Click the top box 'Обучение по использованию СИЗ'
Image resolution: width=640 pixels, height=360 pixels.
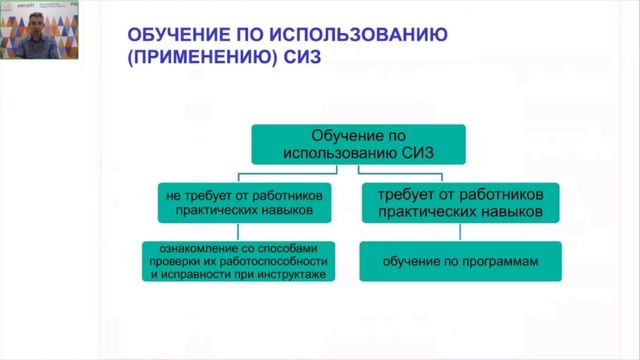(358, 143)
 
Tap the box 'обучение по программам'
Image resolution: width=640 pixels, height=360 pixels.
(460, 262)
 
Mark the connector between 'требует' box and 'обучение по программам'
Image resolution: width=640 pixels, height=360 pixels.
(459, 232)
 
